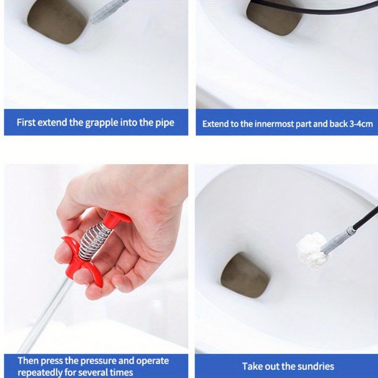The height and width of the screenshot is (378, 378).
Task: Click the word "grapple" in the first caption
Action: [x=102, y=123]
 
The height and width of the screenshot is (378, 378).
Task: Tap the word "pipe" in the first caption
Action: [x=164, y=123]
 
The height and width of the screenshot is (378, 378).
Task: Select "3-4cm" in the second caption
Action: [x=361, y=124]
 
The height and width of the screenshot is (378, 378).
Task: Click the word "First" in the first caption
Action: [x=26, y=123]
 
